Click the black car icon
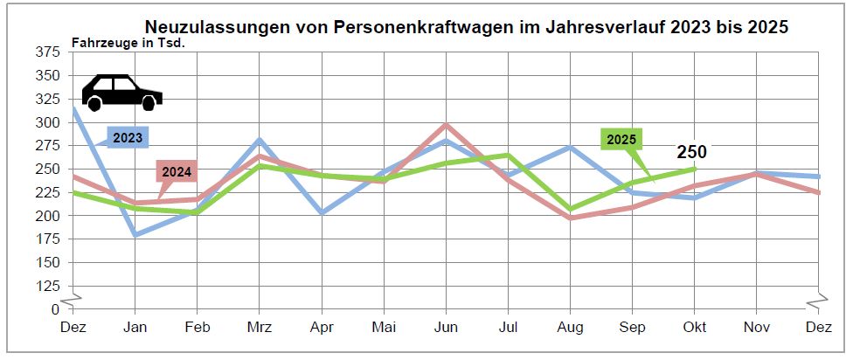click(x=121, y=93)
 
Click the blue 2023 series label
click(x=128, y=136)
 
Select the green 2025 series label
click(x=621, y=140)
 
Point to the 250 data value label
click(x=691, y=152)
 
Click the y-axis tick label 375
click(x=48, y=52)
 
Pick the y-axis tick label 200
click(x=48, y=216)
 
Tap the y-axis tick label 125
click(x=48, y=286)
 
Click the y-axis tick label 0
click(x=54, y=309)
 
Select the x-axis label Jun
click(x=447, y=327)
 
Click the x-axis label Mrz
click(x=260, y=327)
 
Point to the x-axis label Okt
click(x=695, y=327)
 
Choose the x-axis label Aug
click(x=571, y=327)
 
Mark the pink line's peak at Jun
click(x=447, y=125)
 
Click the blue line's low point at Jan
click(x=135, y=235)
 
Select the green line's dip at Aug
click(x=571, y=210)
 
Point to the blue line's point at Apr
click(x=322, y=212)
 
